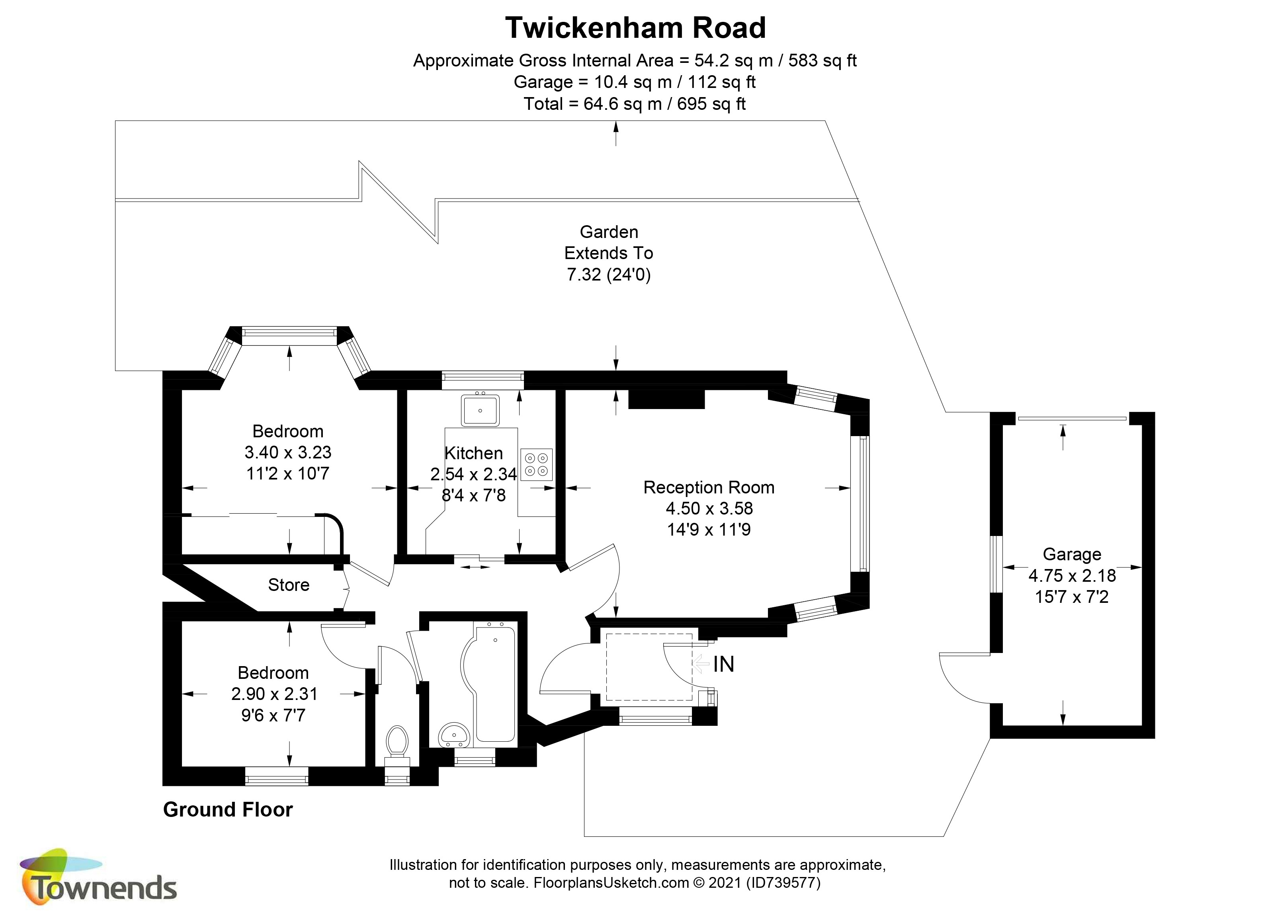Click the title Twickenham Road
point(635,28)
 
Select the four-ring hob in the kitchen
point(536,465)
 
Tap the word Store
point(288,585)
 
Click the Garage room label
point(1072,554)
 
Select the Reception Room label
point(708,487)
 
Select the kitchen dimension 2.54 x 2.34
point(473,474)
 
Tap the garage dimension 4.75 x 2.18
point(1072,575)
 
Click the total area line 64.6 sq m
point(635,103)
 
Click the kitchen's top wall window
point(483,380)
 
